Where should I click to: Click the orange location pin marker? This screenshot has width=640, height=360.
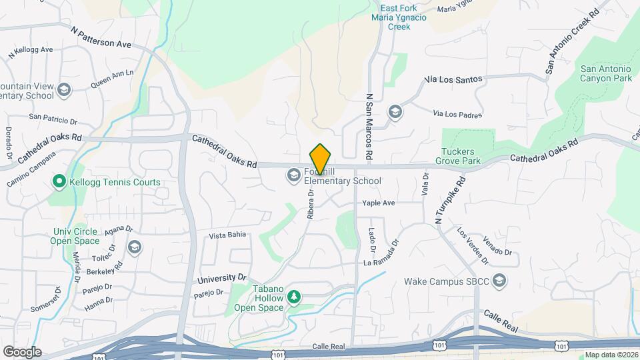[x=321, y=159]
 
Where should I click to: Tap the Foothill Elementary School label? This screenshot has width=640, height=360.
[x=343, y=176]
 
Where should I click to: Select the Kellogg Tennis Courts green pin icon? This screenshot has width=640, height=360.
[x=59, y=181]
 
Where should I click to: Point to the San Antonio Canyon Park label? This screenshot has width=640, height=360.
[x=605, y=73]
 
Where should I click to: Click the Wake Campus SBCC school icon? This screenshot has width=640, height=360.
[x=500, y=281]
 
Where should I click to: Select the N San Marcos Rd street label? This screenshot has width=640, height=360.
[x=369, y=126]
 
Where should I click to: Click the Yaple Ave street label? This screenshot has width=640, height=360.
[x=379, y=203]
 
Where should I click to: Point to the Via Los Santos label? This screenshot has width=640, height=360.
[x=453, y=79]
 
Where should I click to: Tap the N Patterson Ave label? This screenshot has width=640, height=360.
[x=101, y=37]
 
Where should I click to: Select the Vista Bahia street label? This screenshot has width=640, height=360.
[x=228, y=235]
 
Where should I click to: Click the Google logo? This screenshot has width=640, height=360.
[x=22, y=351]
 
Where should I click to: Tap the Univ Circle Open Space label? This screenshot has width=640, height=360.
[x=75, y=236]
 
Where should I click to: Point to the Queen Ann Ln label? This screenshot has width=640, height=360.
[x=112, y=79]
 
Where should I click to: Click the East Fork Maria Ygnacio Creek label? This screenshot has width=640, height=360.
[x=399, y=18]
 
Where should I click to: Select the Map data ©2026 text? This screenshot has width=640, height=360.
[x=611, y=355]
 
